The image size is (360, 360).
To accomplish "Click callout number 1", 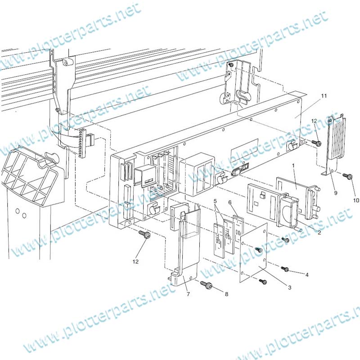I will pyautogui.click(x=293, y=166).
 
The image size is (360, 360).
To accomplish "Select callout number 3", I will pyautogui.click(x=290, y=287).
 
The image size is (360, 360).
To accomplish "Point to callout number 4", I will pyautogui.click(x=307, y=274).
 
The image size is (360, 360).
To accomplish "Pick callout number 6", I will pyautogui.click(x=230, y=202).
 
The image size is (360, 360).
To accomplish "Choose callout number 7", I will pyautogui.click(x=188, y=294).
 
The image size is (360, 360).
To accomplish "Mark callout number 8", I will pyautogui.click(x=226, y=294).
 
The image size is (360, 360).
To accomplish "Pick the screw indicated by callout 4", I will pyautogui.click(x=285, y=269).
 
